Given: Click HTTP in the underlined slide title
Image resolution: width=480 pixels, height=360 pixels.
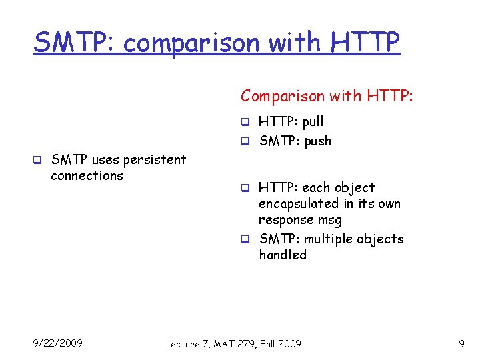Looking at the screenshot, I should tap(365, 43).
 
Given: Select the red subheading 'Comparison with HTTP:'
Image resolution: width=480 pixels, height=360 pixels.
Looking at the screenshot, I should tap(327, 96).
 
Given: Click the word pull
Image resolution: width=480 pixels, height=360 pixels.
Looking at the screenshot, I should tap(313, 122).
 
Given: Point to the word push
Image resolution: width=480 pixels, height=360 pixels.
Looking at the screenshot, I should tap(317, 141).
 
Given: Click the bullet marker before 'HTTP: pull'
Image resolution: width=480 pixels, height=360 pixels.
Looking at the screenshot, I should tap(245, 122).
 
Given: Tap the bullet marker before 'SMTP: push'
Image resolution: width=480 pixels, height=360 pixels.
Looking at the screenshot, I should tap(245, 141).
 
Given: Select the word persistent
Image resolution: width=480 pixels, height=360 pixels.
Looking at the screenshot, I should tap(156, 160).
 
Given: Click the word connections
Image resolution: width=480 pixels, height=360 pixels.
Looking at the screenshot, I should tap(87, 176).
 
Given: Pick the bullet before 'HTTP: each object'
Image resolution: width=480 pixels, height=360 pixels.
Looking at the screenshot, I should tap(245, 188).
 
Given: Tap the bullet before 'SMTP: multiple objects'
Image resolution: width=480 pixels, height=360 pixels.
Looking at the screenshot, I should tap(245, 239).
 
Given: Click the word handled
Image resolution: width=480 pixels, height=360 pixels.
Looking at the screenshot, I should tap(283, 255).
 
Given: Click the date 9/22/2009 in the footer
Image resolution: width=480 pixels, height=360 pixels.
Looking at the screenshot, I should tap(58, 343).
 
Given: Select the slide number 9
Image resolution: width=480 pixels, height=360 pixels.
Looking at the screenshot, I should tap(461, 344).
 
